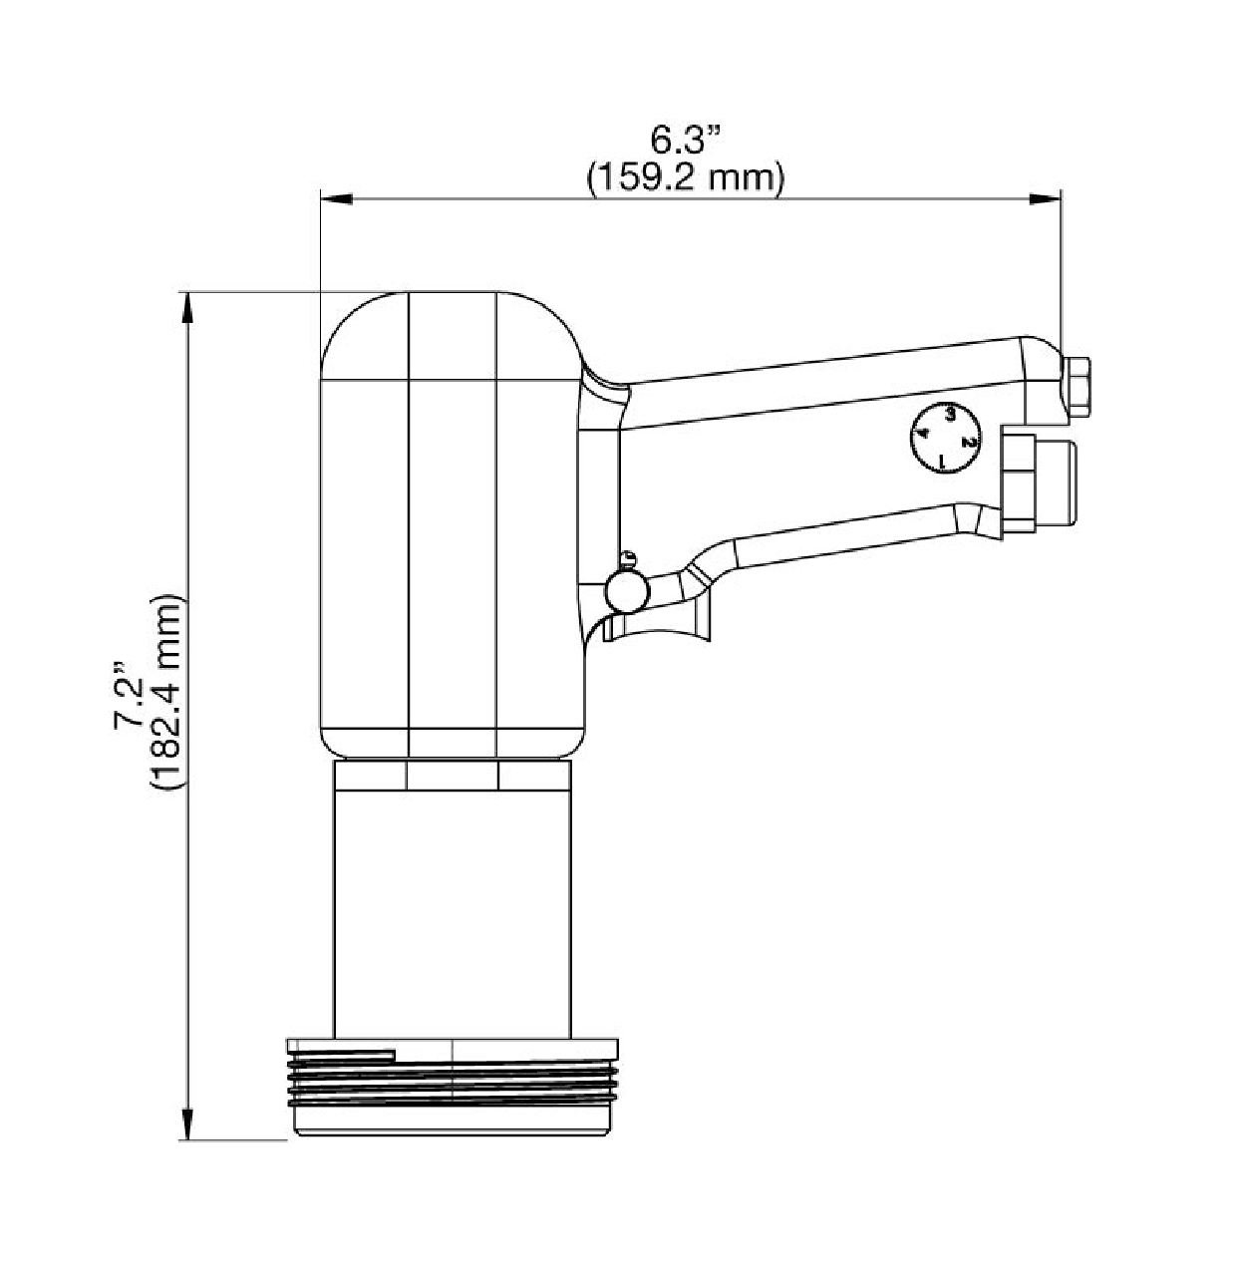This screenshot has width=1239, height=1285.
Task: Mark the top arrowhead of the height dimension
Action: (x=186, y=308)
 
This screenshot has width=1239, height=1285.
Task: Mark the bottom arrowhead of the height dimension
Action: (x=186, y=1124)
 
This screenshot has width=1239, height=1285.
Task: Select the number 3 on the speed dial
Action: (x=950, y=413)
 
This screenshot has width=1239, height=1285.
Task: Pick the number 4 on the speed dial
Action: (x=923, y=433)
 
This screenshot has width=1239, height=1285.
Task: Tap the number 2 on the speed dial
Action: (x=966, y=442)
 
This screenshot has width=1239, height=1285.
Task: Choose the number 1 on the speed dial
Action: (x=942, y=462)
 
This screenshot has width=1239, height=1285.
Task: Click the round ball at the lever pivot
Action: (x=625, y=590)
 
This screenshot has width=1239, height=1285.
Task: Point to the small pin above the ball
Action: (x=627, y=557)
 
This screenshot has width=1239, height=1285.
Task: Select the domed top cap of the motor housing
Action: (x=452, y=335)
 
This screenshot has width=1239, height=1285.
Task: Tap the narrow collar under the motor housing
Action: (x=452, y=777)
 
